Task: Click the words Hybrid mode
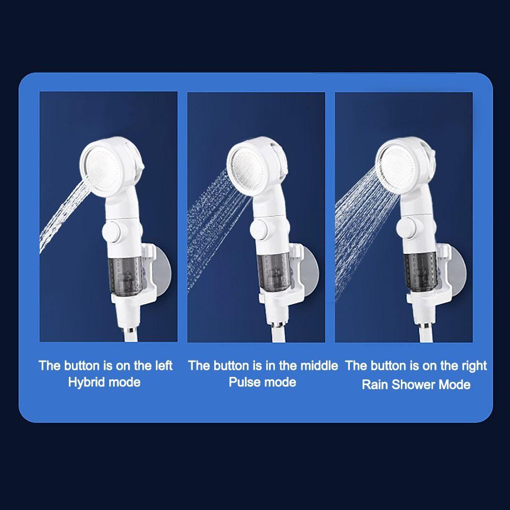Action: click(x=104, y=382)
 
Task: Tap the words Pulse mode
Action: click(x=262, y=382)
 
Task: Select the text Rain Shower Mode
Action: click(x=416, y=384)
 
